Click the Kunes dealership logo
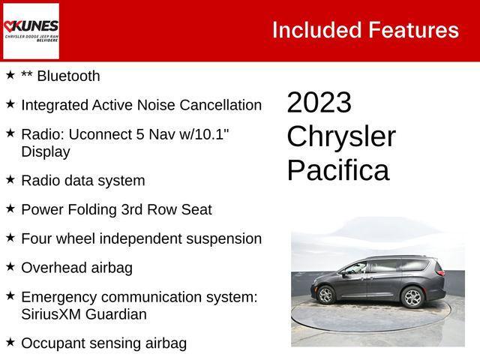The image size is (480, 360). (31, 30)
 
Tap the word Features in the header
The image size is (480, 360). (412, 30)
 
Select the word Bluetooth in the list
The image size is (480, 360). (68, 76)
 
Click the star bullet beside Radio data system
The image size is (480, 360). (10, 179)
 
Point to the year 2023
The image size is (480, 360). (319, 103)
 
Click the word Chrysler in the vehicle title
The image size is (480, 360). (341, 136)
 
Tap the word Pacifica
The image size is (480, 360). (337, 171)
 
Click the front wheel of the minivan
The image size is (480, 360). (326, 296)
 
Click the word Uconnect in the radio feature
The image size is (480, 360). (97, 133)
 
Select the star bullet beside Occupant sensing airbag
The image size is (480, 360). (10, 342)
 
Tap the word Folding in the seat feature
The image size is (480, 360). (90, 209)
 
